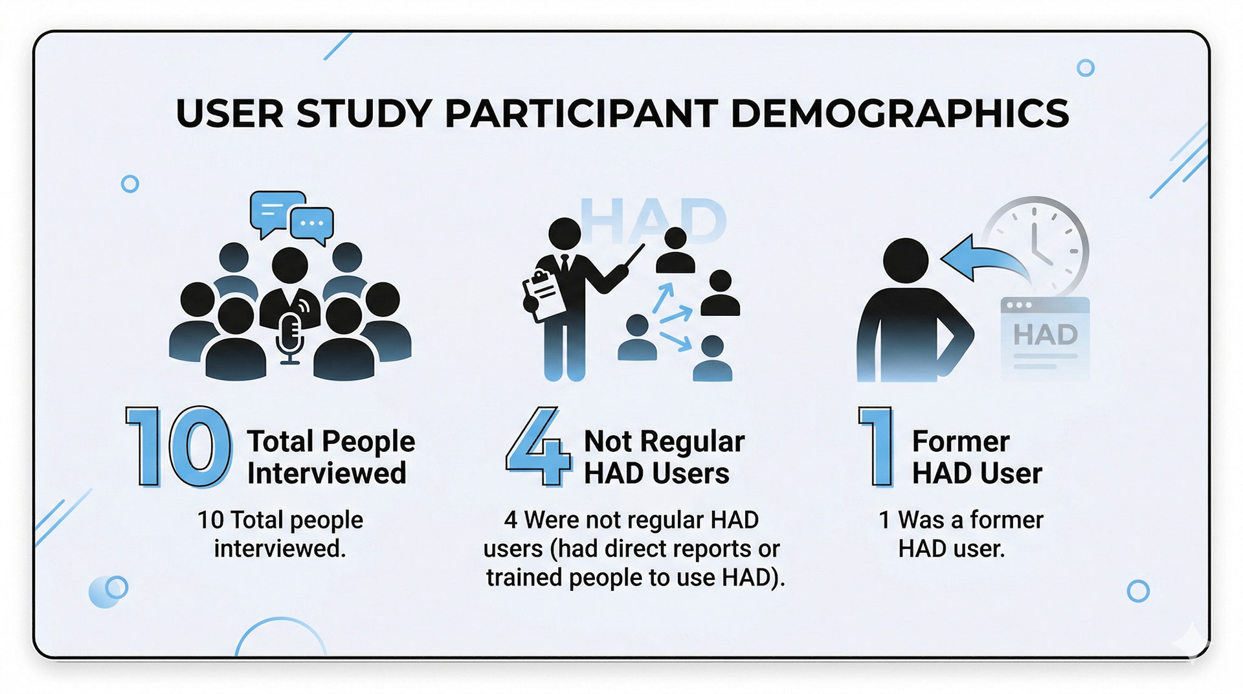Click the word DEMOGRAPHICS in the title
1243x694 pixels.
coord(899,113)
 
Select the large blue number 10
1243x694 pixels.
coord(178,447)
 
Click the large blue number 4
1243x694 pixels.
coord(539,447)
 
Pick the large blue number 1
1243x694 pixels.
coord(878,447)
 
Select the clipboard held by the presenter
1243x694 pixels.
coord(544,295)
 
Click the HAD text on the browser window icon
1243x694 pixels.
coord(1045,335)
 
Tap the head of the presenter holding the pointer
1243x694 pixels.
coord(565,234)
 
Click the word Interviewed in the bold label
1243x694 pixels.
coord(326,473)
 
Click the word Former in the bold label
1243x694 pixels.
coord(961,442)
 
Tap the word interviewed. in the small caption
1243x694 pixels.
coord(280,548)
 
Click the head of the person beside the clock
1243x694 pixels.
coord(906,260)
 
